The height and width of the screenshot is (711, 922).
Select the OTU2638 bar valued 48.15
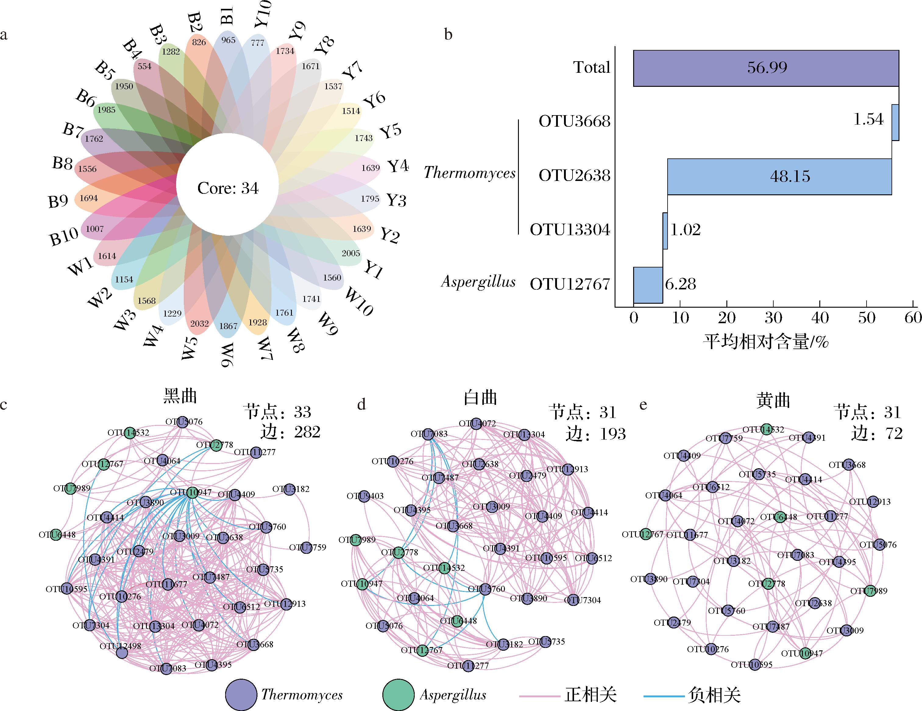click(x=779, y=176)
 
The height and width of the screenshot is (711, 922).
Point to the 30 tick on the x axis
click(x=773, y=317)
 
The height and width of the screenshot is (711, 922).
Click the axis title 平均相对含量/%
click(x=766, y=341)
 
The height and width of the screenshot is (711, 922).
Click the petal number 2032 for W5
click(x=199, y=324)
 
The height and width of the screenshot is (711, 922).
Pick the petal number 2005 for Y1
click(x=351, y=253)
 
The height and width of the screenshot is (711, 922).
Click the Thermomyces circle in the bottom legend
click(x=241, y=695)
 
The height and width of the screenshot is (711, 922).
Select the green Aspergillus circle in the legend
click(x=398, y=695)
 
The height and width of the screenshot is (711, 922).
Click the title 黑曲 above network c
click(x=180, y=396)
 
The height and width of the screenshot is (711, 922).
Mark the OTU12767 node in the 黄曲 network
click(x=645, y=535)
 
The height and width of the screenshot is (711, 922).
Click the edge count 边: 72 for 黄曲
click(x=877, y=433)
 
